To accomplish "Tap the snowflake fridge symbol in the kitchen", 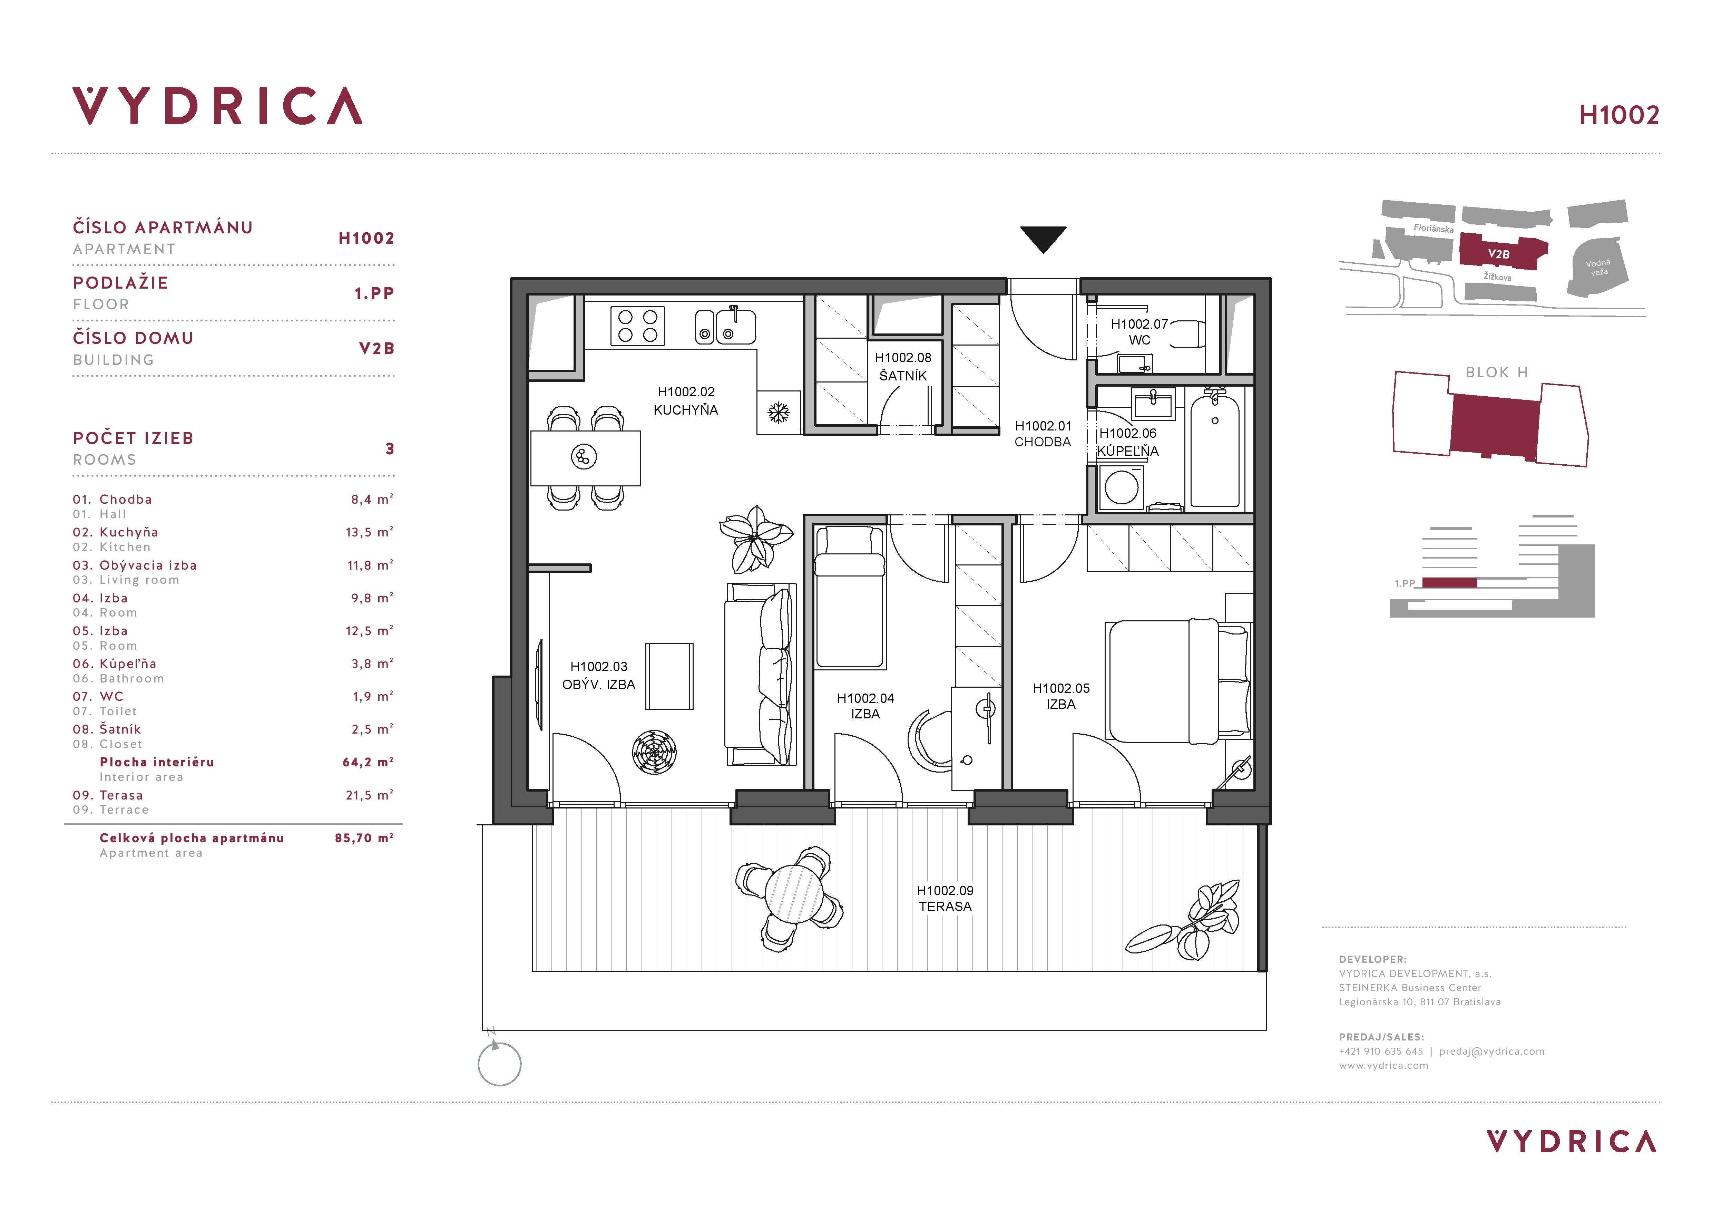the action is [779, 413].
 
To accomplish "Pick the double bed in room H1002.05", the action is [1177, 681].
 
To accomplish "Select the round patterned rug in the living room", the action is [654, 752].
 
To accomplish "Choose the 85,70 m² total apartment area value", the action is [364, 838].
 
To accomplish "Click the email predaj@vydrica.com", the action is [1492, 1052].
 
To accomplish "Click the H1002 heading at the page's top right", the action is [1619, 115].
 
